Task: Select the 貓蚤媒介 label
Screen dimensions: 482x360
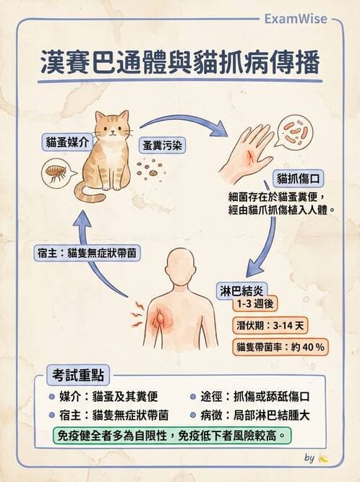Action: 65,142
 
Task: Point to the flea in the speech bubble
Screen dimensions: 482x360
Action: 55,173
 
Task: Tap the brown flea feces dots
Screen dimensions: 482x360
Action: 150,170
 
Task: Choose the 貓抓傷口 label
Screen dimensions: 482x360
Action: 297,177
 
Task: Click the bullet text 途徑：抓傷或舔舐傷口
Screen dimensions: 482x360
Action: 256,396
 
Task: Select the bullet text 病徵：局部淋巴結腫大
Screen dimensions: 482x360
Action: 256,416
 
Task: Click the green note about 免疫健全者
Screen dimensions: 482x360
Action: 173,436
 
